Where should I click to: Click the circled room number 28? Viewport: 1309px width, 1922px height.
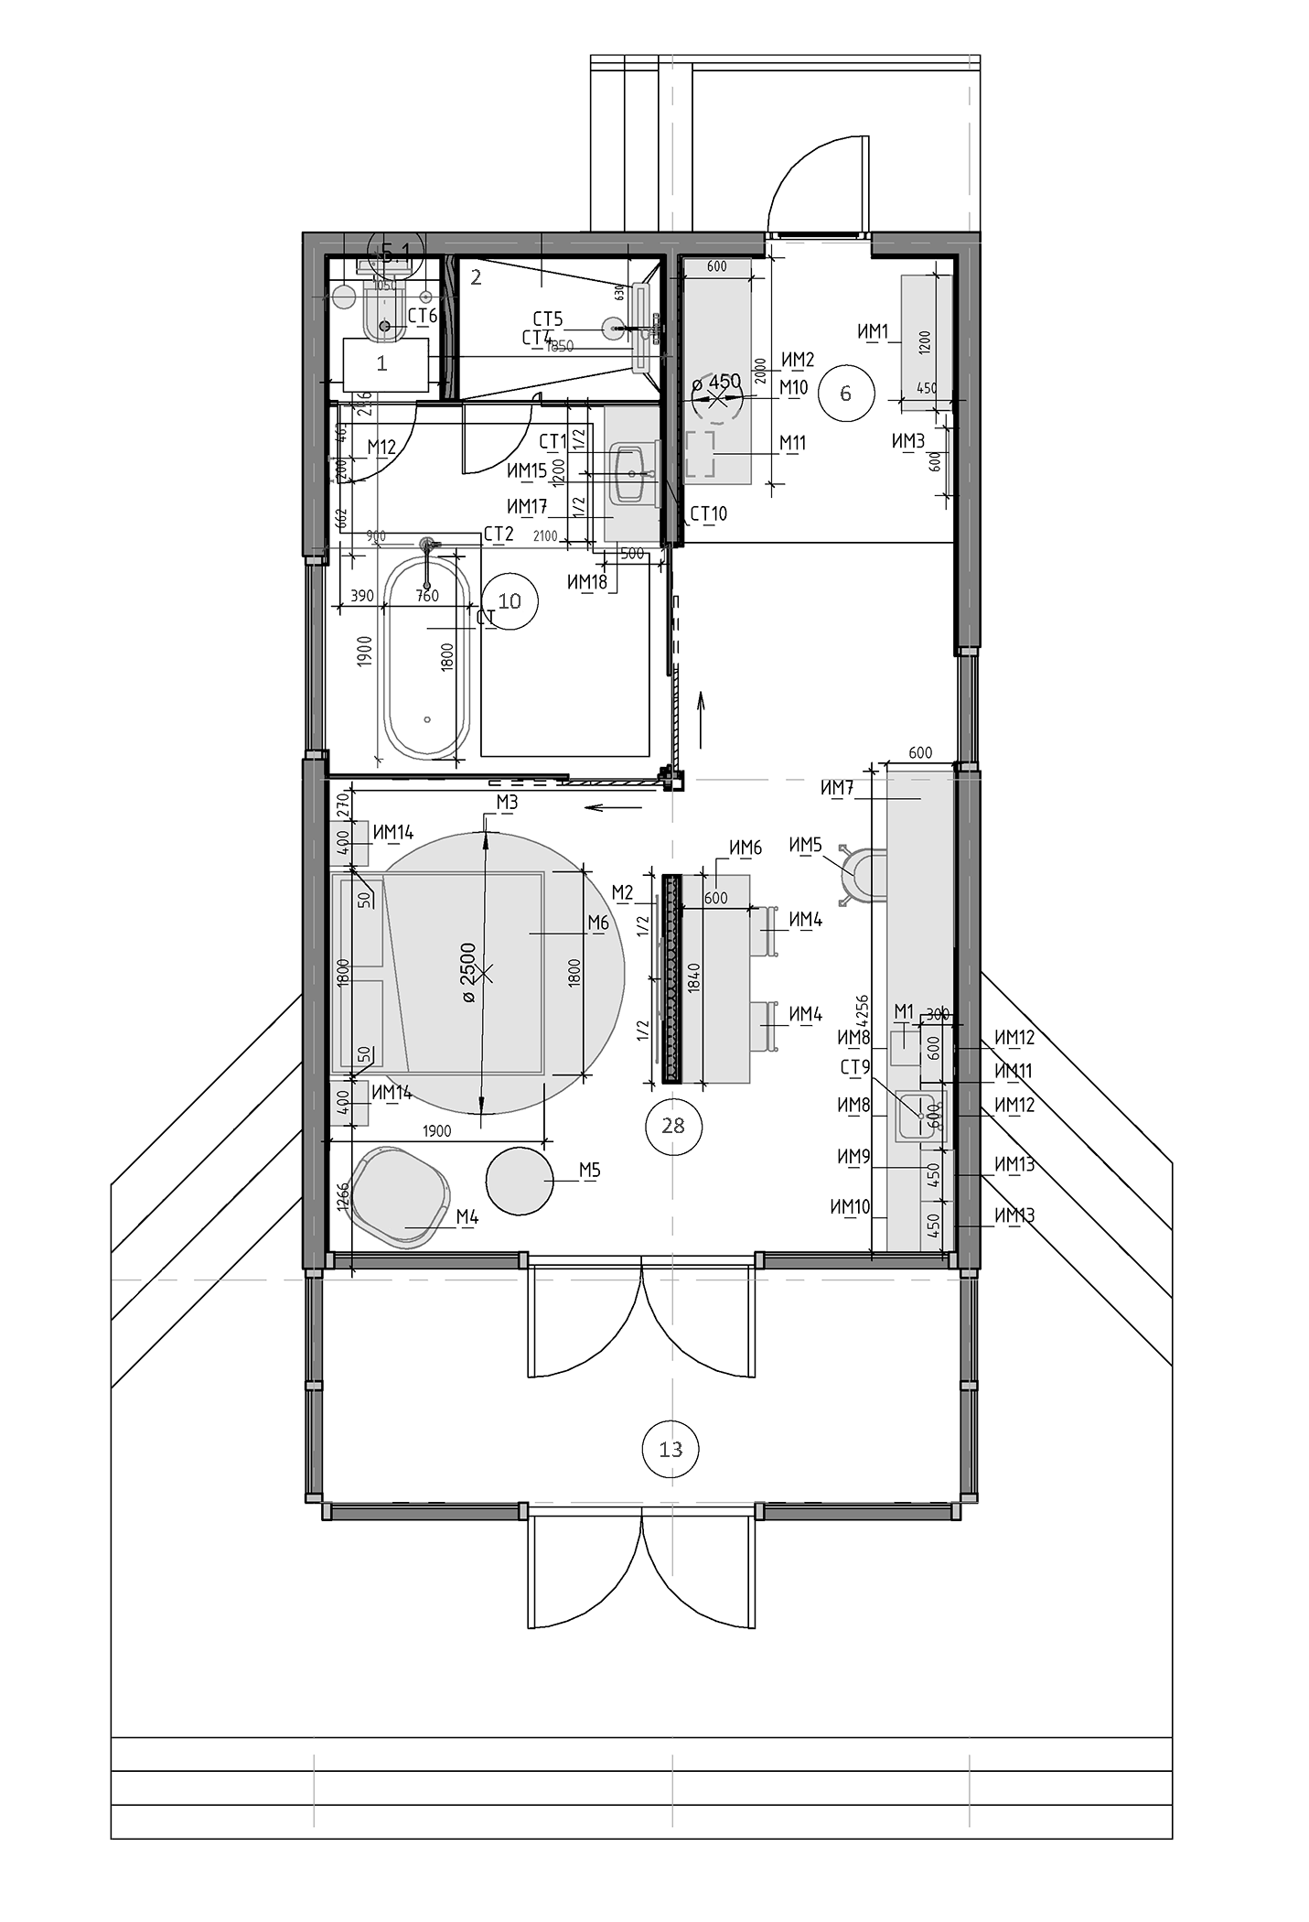coord(672,1125)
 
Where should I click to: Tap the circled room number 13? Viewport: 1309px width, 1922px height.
coord(671,1449)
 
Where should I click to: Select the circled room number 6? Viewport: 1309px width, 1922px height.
coord(845,394)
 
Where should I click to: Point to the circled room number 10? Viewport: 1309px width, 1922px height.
coord(510,600)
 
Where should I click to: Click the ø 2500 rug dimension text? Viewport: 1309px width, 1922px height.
coord(467,970)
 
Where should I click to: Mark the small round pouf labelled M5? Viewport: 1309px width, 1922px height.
coord(520,1180)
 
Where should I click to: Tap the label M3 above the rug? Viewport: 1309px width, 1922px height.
coord(508,803)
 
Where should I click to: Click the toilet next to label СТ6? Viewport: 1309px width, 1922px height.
coord(384,316)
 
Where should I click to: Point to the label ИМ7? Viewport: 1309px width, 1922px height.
coord(837,788)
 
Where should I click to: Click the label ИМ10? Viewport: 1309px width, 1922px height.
coord(850,1207)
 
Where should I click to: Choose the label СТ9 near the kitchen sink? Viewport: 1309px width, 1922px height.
coord(855,1067)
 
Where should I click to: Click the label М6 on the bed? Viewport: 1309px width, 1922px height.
coord(598,923)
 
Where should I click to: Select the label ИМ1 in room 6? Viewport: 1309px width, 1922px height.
coord(874,332)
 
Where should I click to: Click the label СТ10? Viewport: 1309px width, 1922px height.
coord(709,513)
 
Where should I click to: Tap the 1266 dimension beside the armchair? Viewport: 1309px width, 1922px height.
coord(343,1196)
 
